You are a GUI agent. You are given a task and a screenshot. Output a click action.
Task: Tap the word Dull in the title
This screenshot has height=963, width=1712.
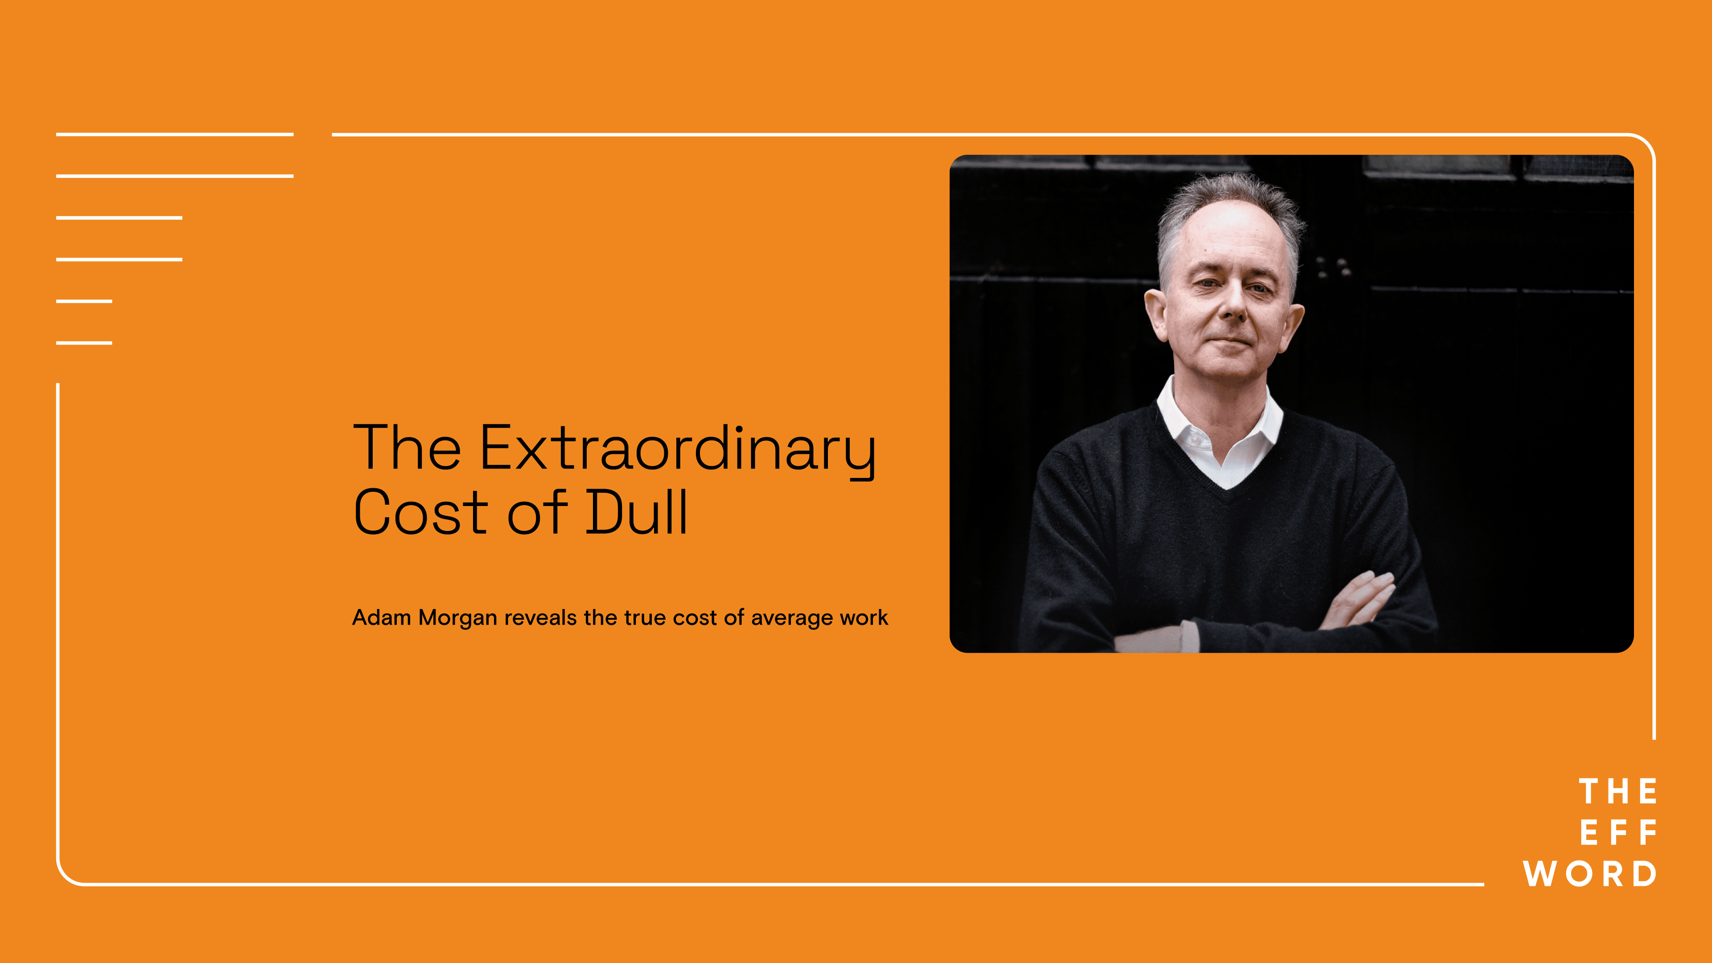(x=636, y=512)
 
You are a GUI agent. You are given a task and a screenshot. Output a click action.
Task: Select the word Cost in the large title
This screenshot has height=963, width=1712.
(x=421, y=512)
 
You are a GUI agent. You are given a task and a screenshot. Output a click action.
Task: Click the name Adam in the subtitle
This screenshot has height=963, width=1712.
(x=382, y=617)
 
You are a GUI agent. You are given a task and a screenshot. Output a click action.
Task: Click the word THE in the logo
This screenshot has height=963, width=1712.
(x=1617, y=791)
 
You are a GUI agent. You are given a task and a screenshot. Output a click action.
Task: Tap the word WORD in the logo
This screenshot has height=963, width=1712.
(x=1590, y=873)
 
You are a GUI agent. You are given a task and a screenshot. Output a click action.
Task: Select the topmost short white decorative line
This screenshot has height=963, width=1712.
(x=175, y=134)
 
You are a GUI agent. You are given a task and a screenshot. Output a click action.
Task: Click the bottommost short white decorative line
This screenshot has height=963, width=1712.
(x=84, y=343)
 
